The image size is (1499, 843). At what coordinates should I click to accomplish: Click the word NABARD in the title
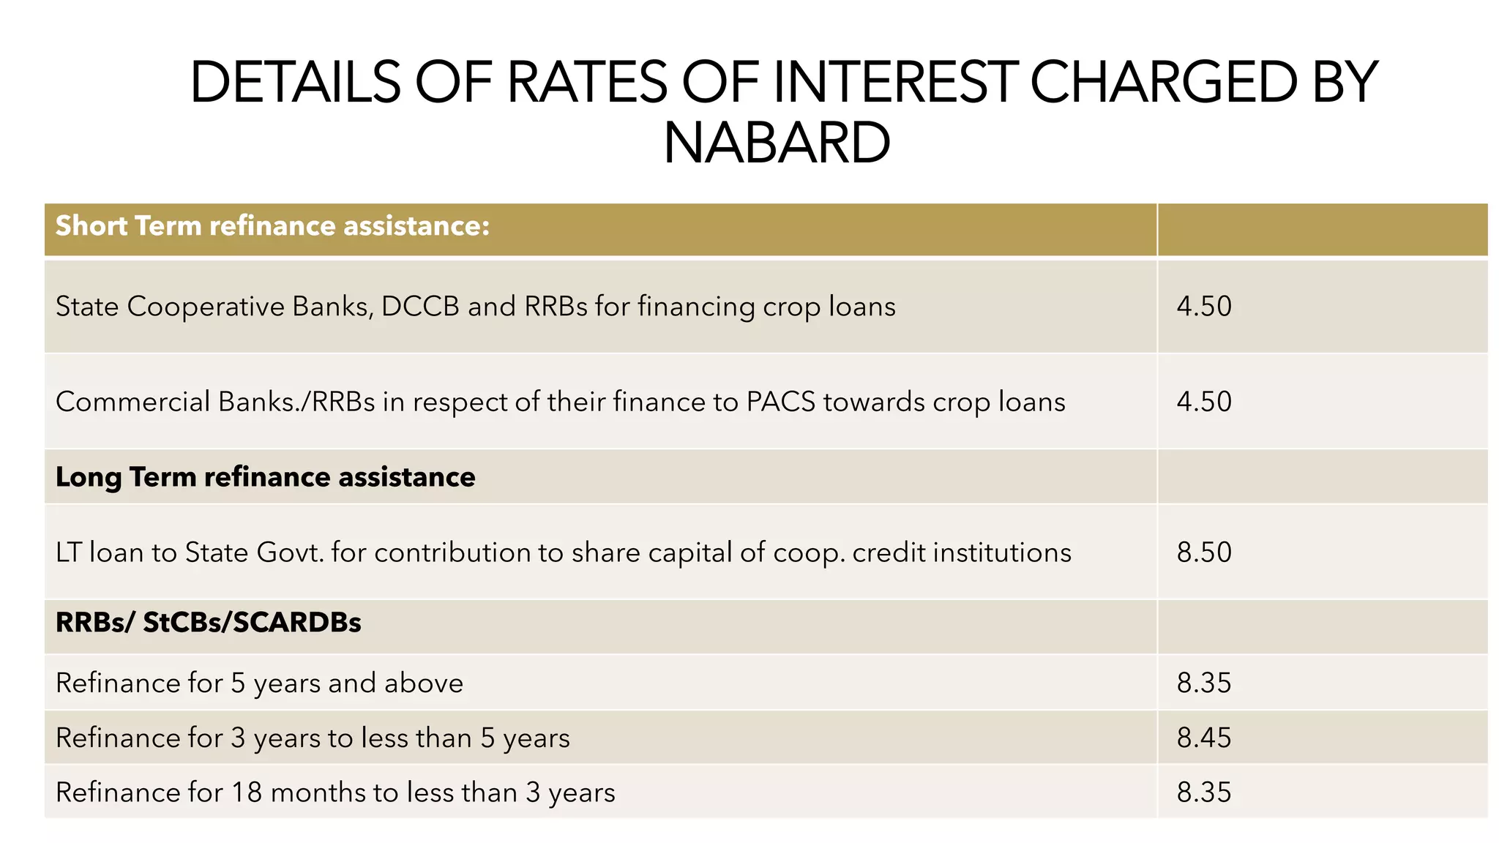(x=777, y=143)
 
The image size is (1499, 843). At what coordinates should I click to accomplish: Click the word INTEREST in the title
(x=894, y=82)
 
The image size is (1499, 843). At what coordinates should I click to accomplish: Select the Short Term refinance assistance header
(x=272, y=226)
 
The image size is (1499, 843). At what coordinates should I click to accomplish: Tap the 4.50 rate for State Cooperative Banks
(x=1204, y=306)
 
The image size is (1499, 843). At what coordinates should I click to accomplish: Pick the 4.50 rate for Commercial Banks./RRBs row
(x=1204, y=402)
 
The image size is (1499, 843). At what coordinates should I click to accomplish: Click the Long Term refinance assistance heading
(x=265, y=477)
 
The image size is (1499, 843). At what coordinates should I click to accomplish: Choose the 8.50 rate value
(x=1204, y=552)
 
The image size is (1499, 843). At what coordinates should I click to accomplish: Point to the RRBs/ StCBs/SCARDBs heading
(x=209, y=623)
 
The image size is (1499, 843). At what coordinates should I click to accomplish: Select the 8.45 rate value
(x=1204, y=738)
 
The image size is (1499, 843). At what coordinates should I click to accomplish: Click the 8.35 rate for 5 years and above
(x=1204, y=683)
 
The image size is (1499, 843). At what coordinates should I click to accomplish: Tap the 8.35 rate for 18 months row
(x=1204, y=793)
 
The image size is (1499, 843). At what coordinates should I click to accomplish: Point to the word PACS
(x=780, y=402)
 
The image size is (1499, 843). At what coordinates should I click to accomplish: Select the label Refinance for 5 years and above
(x=259, y=683)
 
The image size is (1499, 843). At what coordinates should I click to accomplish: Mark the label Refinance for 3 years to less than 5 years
(x=313, y=738)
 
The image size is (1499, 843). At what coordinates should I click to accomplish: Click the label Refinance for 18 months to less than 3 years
(x=335, y=793)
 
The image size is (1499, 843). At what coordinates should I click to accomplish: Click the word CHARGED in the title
(x=1164, y=82)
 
